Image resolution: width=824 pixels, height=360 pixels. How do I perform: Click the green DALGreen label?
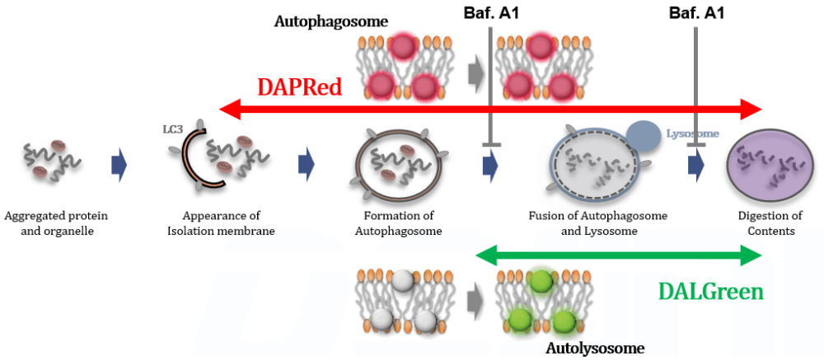click(x=710, y=291)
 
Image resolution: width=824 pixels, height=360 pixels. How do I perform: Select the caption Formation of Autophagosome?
click(x=398, y=223)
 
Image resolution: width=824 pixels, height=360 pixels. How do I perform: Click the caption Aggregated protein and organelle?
click(x=56, y=223)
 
